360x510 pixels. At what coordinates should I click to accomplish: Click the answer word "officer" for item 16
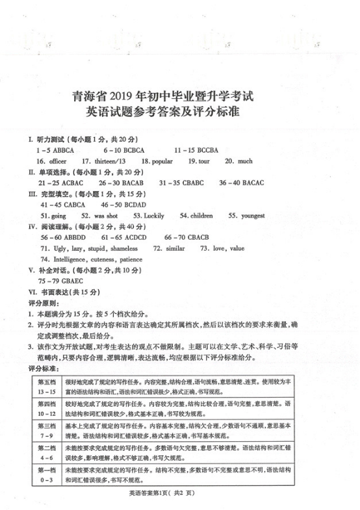click(58, 161)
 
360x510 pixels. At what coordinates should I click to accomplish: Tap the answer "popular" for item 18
click(162, 161)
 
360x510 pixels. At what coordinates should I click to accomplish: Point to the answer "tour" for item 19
click(203, 161)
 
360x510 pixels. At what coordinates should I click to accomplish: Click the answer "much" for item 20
click(245, 161)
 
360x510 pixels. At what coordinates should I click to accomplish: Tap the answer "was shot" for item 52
click(106, 216)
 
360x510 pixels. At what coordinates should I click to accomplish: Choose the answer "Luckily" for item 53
click(153, 216)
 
